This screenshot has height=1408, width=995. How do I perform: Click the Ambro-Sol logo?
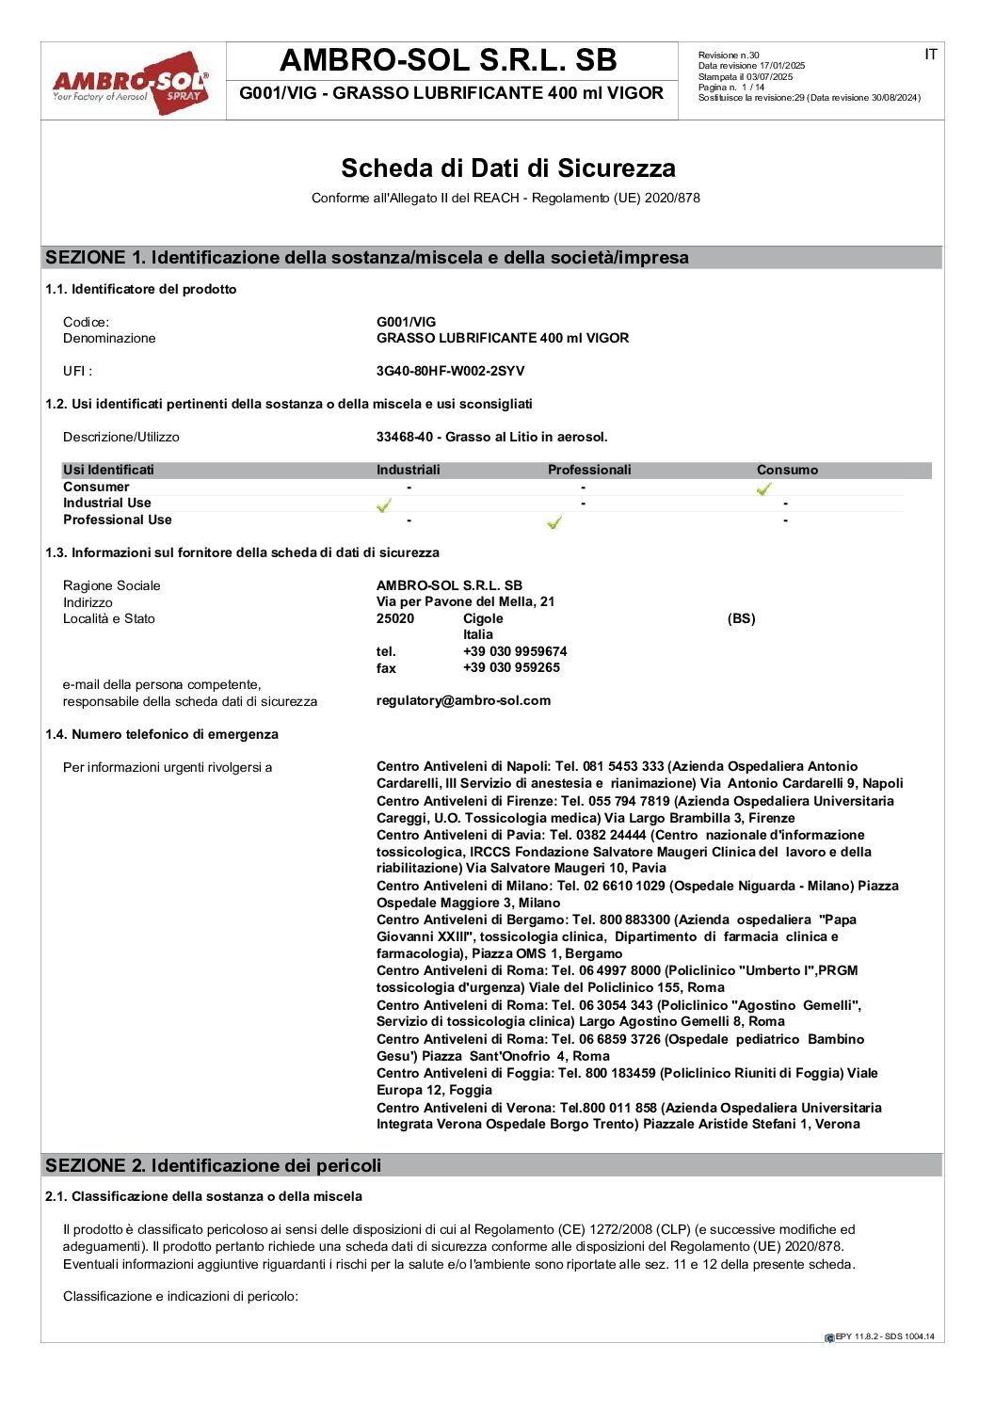coord(131,83)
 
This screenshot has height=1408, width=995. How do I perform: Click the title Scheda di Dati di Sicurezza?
coord(507,168)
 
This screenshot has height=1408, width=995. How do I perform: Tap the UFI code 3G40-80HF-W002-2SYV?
coord(450,371)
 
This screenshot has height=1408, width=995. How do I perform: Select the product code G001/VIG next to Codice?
coord(406,322)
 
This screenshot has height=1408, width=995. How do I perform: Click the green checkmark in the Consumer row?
coord(763,488)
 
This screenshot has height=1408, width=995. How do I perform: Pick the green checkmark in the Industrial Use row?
coord(383,505)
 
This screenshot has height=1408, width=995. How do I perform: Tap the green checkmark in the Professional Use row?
coord(554,522)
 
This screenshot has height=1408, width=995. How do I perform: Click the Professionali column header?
coord(589,470)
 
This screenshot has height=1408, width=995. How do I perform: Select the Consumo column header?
coord(787,470)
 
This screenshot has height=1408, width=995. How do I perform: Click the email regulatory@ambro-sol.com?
coord(463,700)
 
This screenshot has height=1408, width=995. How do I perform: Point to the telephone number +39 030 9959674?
coord(515,651)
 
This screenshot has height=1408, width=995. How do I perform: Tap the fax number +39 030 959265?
coord(511,667)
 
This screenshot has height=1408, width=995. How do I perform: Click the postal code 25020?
coord(395,618)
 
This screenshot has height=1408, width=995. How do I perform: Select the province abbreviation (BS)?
coord(741,618)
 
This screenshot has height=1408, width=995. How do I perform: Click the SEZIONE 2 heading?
coord(214,1165)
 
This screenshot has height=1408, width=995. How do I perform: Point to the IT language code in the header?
coord(930,55)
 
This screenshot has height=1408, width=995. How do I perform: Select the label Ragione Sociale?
coord(111,585)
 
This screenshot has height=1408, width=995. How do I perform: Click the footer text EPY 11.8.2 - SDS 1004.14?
coord(884,1336)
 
